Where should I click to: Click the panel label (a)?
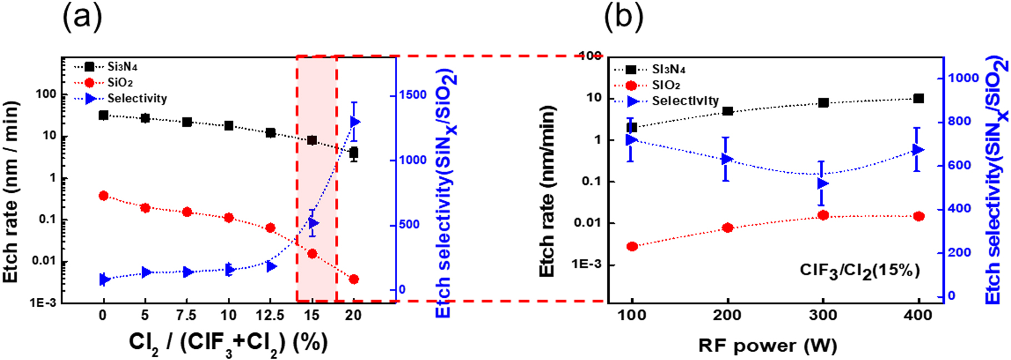pos(82,18)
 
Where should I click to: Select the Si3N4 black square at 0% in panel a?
pos(103,115)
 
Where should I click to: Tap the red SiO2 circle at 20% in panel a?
pos(354,279)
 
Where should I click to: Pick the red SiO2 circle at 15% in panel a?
pos(312,253)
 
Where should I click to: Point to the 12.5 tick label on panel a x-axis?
pos(270,315)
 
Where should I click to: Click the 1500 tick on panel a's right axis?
pos(413,95)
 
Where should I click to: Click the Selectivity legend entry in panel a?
pos(137,98)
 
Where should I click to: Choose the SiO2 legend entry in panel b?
pos(666,85)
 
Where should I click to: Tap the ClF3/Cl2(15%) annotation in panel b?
pos(859,271)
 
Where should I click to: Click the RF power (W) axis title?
pos(767,346)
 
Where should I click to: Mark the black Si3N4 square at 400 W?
pos(918,98)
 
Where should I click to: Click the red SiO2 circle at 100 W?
pos(632,246)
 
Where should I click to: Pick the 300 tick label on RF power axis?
pos(823,315)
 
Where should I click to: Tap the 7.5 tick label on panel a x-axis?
pos(186,315)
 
